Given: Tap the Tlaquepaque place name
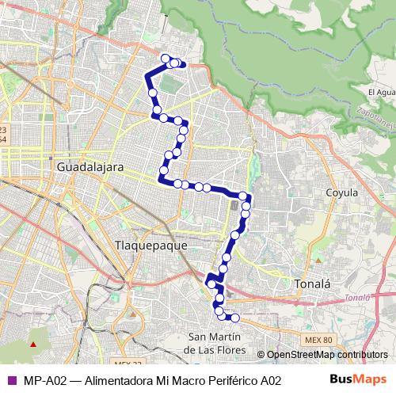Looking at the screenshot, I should coord(151,245).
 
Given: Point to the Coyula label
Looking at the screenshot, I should coord(341,192).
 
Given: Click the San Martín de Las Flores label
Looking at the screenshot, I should coord(215,343).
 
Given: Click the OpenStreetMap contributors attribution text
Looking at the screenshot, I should coord(326,355).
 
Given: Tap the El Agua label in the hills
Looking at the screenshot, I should coord(380,92).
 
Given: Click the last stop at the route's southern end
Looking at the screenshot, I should coord(234,318).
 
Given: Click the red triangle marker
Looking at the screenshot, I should coord(33,345).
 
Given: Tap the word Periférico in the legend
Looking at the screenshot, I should coord(226,380).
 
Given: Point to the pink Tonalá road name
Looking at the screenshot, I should coord(357,299).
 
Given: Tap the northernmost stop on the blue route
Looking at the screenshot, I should coord(166,58).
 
